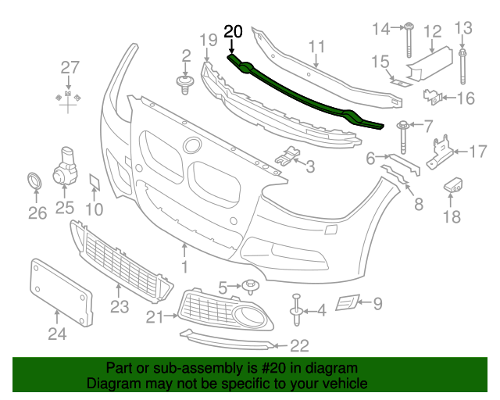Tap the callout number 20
pos(233,32)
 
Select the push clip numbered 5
pos(250,286)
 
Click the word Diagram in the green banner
pos(110,384)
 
